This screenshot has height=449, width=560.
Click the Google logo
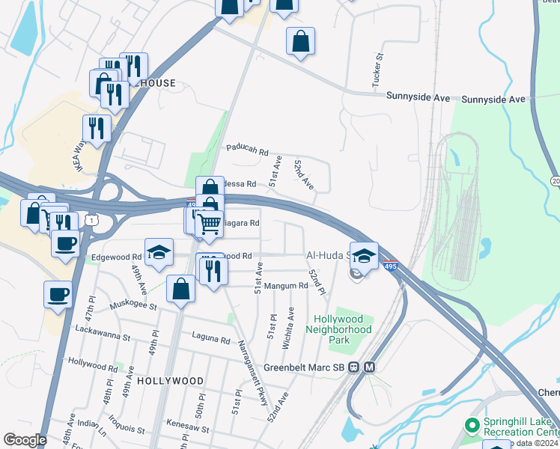[x=24, y=440]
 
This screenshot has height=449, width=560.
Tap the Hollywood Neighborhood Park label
[x=343, y=329]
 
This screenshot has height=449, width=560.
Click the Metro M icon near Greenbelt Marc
[x=370, y=367]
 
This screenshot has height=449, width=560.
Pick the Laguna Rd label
[x=210, y=340]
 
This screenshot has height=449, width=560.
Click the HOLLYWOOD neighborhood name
[x=171, y=381]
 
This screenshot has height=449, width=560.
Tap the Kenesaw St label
[x=186, y=422]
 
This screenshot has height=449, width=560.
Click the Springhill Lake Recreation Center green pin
[x=472, y=426]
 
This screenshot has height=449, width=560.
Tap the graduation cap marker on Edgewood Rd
[x=159, y=252]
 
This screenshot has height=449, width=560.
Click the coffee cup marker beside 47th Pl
[x=58, y=294]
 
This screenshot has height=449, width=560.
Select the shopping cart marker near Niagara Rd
[x=210, y=222]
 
